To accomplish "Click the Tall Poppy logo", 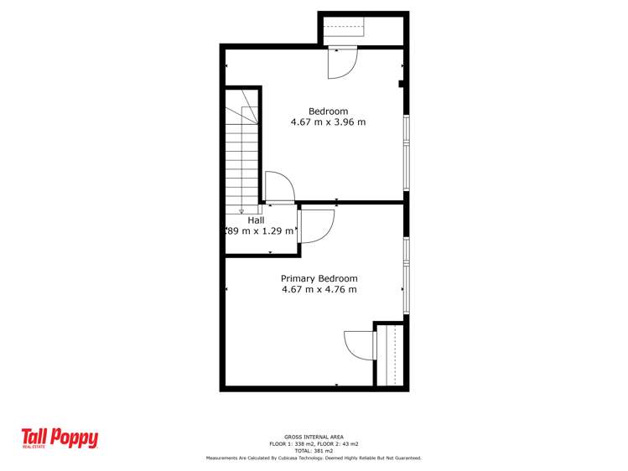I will tap(60, 438).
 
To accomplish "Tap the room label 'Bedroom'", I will tap(328, 111).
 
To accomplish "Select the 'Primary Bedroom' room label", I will tap(319, 279).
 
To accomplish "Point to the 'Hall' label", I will tap(256, 220).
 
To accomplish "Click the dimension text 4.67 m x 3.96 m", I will tap(328, 122).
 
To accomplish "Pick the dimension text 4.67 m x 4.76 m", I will tap(319, 290).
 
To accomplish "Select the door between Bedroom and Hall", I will tap(279, 188).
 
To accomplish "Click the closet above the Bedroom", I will tap(362, 30).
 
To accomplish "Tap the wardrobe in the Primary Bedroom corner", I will tap(390, 355).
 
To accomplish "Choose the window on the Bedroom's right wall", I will tap(406, 143).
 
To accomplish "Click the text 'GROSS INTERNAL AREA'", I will tap(314, 437).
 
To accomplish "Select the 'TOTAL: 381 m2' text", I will tap(314, 451).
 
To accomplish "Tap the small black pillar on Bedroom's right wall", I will tap(402, 84).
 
